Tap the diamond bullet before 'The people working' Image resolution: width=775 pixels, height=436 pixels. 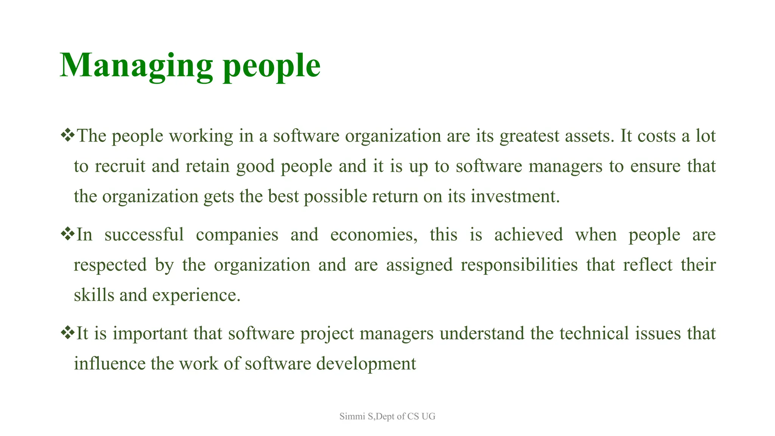tap(68, 135)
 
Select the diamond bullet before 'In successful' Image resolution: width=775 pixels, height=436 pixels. tap(68, 234)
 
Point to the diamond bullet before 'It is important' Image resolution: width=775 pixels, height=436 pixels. tap(68, 333)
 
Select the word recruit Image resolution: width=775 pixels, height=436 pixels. tap(120, 167)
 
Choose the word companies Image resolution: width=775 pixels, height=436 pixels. tap(237, 235)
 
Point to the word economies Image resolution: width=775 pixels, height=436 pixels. tap(373, 235)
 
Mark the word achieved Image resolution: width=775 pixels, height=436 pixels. tap(528, 235)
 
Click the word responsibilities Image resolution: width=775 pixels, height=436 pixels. tap(519, 265)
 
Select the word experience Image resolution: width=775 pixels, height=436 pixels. tap(196, 296)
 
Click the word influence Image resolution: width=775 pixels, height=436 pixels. tap(109, 364)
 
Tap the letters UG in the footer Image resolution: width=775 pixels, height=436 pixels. tap(428, 417)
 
